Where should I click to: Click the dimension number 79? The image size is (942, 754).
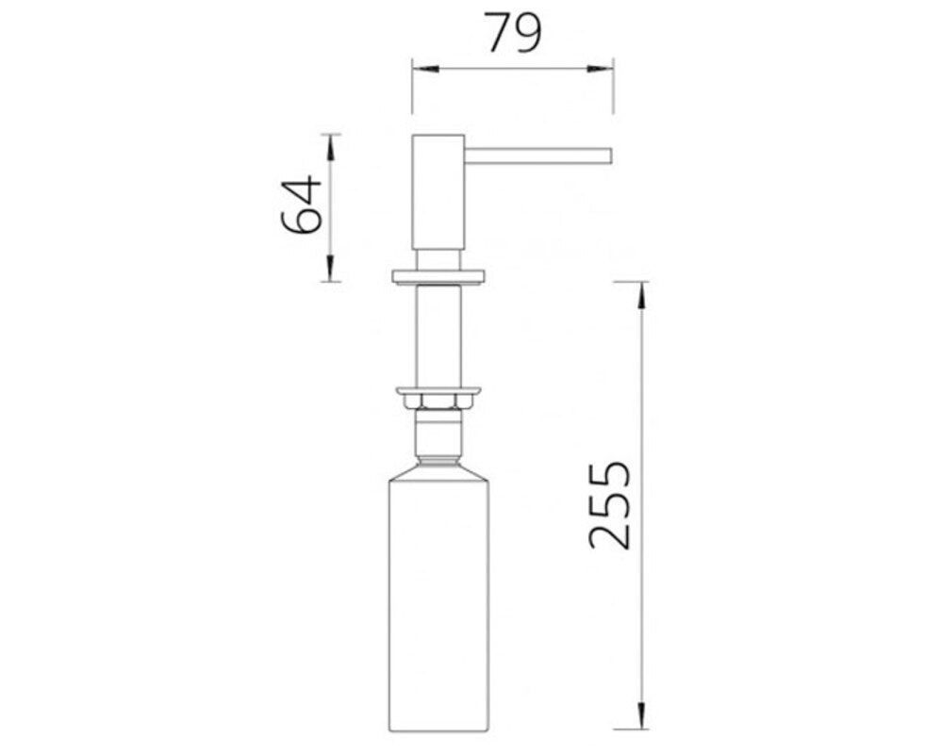coord(513,32)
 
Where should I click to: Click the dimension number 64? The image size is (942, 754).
coord(302,205)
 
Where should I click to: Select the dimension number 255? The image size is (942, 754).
coord(610,505)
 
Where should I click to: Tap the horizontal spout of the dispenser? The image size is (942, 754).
coord(538,156)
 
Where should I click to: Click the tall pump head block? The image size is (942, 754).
coord(438,192)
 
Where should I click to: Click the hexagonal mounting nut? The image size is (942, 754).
coord(438,401)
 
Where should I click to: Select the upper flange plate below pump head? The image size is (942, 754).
coord(438,275)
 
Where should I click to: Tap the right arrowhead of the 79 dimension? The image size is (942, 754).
coord(600,69)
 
